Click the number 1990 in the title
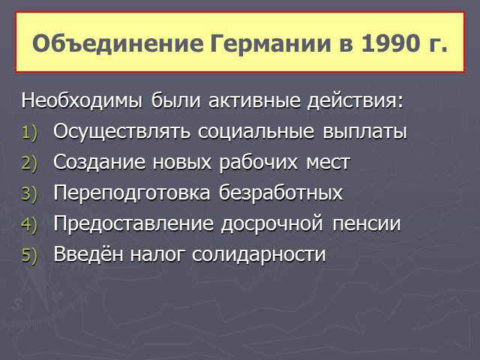coord(390,43)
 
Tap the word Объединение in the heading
coord(118,43)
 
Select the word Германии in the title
coord(271,44)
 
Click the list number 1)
coord(29,133)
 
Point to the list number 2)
coord(29,163)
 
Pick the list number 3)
coord(29,193)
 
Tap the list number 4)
coord(29,224)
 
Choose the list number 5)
coord(29,255)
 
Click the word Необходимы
coord(82,100)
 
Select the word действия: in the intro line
coord(355,101)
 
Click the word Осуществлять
coord(121,132)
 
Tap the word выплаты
coord(364,132)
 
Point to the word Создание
coord(99,162)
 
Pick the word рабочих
coord(258,163)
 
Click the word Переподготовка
coord(132,193)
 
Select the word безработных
coord(280,192)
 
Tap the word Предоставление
coord(133,223)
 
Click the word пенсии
coord(367,223)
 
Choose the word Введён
coord(88,253)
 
